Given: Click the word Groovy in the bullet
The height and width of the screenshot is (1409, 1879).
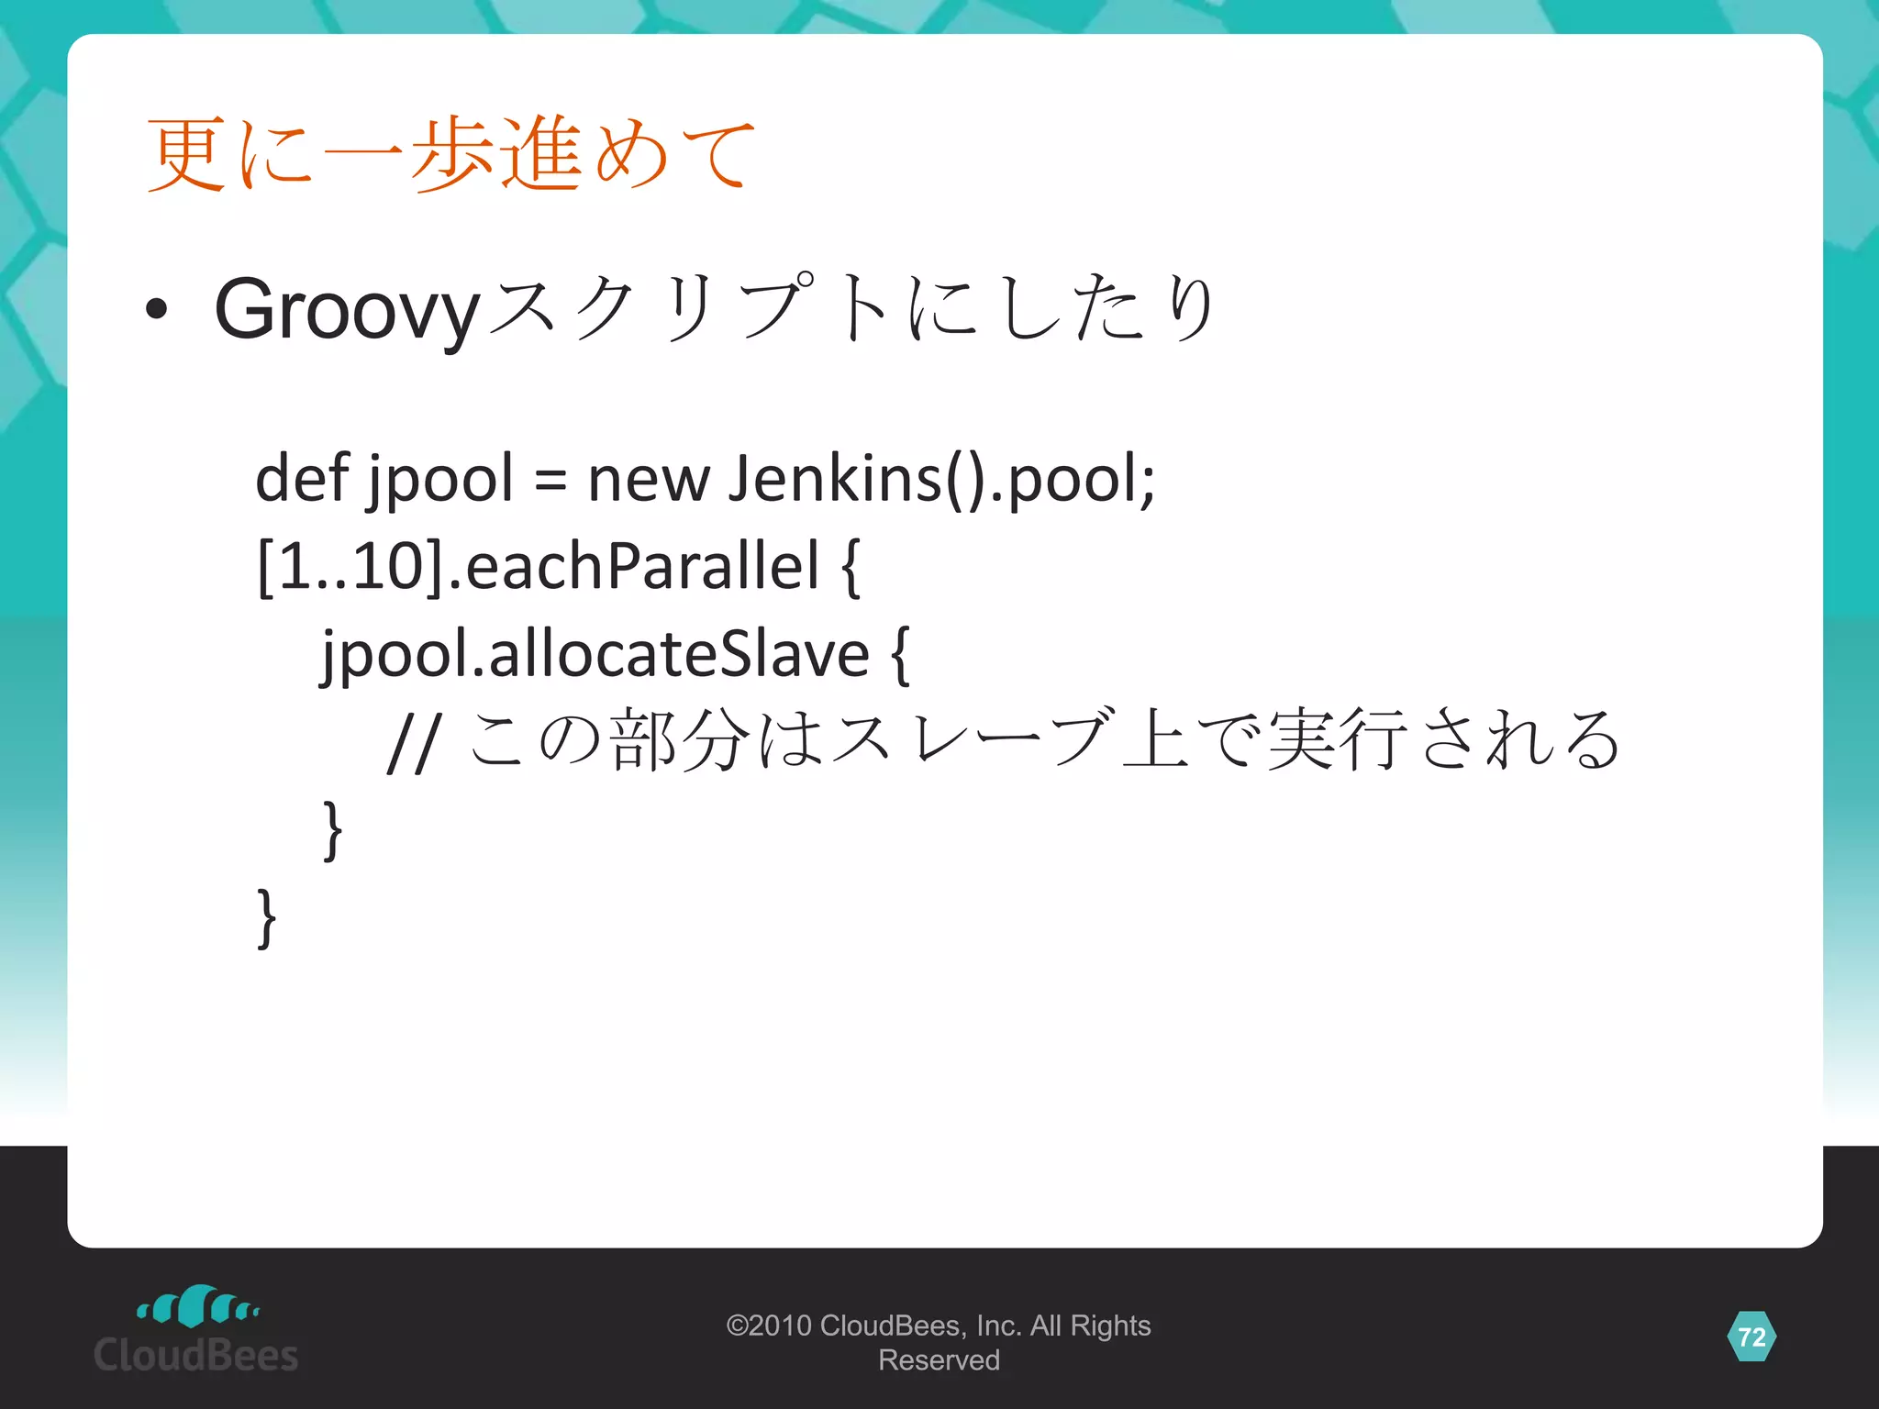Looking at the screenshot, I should tap(347, 310).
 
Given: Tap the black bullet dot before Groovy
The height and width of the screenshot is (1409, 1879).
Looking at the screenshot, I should tap(157, 310).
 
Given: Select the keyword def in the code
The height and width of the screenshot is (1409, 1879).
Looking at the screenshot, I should tap(301, 478).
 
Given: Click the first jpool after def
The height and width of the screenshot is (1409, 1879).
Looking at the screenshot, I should tap(440, 480).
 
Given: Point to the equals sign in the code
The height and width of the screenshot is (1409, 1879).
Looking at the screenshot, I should tap(550, 480).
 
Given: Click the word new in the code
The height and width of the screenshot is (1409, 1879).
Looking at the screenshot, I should tap(648, 480).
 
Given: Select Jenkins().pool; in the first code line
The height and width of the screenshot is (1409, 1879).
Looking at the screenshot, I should tap(940, 480).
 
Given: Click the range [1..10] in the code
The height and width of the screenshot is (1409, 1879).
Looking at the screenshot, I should tap(352, 566).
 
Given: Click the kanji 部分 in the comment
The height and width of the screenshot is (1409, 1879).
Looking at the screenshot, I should tap(679, 739).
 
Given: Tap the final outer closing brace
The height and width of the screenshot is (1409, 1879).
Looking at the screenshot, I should tap(266, 918).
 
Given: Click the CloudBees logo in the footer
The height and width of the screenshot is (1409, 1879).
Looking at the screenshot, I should tap(196, 1330).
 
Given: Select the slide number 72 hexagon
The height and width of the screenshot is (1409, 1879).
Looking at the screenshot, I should tap(1751, 1337).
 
